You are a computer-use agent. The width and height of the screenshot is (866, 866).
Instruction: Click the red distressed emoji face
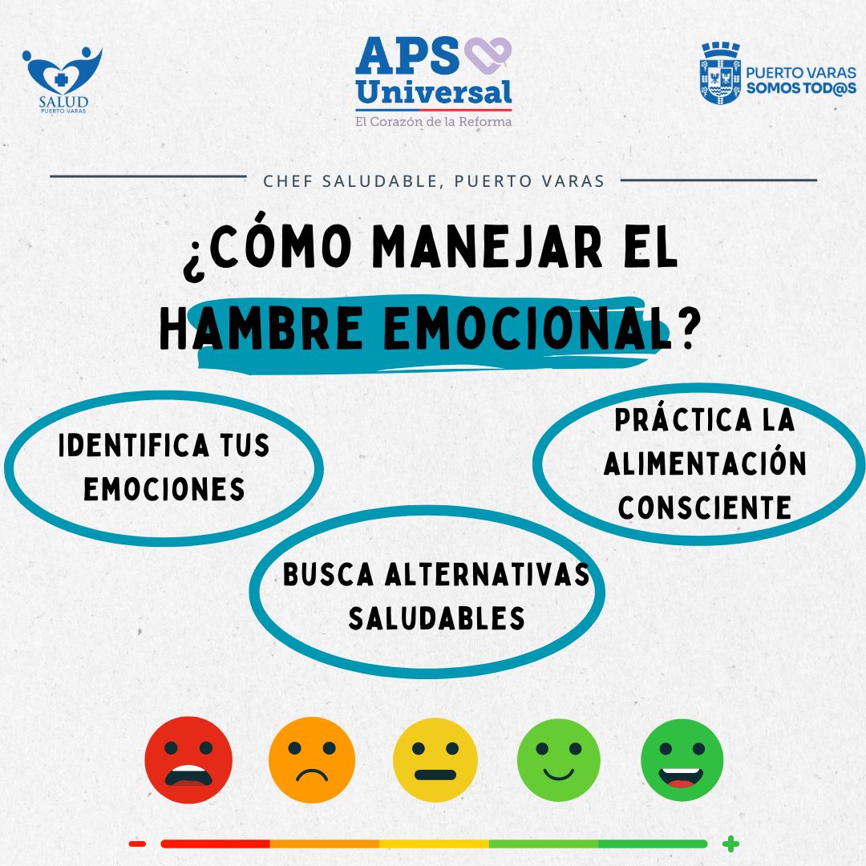188,760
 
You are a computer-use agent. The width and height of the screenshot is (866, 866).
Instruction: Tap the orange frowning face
312,760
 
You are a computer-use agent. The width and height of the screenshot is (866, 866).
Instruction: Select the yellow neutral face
435,760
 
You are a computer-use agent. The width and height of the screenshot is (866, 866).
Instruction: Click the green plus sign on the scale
730,844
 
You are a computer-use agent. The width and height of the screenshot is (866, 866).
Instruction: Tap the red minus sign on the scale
137,844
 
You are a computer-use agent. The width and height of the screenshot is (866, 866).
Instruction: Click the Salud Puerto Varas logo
63,80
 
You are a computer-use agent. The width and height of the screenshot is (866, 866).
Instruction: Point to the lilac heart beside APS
488,55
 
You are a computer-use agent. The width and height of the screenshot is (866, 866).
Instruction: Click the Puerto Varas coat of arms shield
720,74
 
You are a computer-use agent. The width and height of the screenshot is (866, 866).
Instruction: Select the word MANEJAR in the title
488,248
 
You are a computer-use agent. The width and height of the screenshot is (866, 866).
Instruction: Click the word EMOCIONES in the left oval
164,489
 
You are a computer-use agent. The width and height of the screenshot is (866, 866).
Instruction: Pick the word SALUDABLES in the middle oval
436,618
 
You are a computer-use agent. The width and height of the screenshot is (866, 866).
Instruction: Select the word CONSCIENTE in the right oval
705,508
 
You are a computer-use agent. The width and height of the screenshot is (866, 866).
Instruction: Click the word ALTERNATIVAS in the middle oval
488,574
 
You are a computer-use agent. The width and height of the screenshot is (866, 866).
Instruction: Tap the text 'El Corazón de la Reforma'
434,122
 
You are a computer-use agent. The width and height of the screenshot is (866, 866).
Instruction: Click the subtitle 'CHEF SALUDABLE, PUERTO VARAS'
434,181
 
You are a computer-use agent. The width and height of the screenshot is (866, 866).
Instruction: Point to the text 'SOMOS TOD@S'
801,88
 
